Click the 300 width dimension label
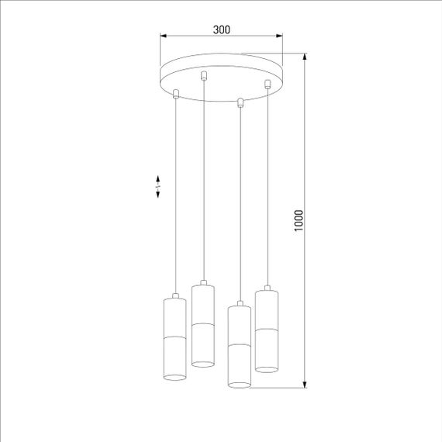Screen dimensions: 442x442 221,29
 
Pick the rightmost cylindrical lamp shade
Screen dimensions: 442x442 268,329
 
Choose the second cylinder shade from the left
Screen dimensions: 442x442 203,325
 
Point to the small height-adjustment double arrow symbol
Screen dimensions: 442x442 158,186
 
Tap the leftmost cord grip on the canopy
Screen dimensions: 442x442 177,94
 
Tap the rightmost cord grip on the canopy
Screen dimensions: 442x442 268,82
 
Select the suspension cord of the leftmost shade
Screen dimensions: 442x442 177,194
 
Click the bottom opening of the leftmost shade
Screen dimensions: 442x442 176,377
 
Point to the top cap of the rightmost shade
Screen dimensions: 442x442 268,289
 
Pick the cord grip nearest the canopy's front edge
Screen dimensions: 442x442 240,101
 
